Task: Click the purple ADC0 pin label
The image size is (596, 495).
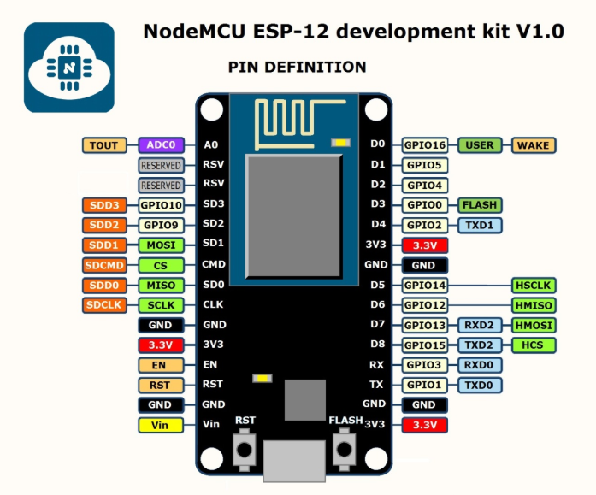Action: pos(161,145)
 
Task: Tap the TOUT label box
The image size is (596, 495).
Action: pos(104,145)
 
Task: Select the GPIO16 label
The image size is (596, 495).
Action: pos(425,145)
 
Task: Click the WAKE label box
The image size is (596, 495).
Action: pos(534,145)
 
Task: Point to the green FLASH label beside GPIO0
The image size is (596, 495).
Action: pos(480,205)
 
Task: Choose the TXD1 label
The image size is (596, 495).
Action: pos(480,226)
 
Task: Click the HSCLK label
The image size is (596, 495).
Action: pos(534,286)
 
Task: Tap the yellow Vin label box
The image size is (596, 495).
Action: pos(161,425)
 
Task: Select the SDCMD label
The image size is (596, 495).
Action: pos(104,265)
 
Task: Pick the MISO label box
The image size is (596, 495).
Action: pos(161,286)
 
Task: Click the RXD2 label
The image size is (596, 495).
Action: pos(480,325)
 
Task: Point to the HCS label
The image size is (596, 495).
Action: pos(534,345)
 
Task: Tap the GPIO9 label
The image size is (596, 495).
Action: pos(161,226)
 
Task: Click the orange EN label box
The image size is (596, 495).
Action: pos(161,365)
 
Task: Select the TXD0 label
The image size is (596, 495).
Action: pos(480,386)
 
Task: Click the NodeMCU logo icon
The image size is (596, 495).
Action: pos(69,68)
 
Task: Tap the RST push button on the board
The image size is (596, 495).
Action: pos(244,450)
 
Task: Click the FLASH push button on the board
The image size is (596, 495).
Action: pos(344,449)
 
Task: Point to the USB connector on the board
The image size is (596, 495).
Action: pos(294,461)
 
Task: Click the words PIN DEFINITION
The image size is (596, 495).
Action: pos(297,68)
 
